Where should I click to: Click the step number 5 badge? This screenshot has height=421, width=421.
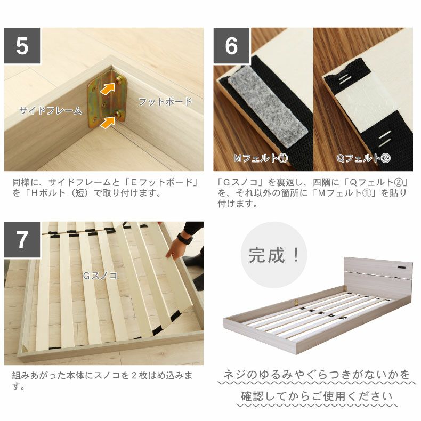[22, 46]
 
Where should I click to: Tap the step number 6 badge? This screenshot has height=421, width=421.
[231, 46]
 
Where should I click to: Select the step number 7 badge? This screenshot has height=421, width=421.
[22, 239]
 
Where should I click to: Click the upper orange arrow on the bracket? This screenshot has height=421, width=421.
[108, 87]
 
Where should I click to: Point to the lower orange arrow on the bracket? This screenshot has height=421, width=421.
[108, 122]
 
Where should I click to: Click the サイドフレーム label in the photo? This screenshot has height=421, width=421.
[51, 110]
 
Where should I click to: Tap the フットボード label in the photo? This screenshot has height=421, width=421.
[165, 102]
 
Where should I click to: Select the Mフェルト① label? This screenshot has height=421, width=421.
[261, 158]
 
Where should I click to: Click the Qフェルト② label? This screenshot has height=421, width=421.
[363, 158]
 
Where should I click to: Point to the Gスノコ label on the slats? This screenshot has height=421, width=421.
[100, 276]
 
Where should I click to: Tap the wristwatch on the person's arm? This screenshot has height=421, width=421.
[185, 238]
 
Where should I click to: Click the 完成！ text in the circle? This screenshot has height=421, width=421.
[273, 255]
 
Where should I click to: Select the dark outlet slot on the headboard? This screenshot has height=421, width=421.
[402, 268]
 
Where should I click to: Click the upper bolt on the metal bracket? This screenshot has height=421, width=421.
[118, 80]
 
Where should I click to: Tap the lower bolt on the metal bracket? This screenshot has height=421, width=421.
[118, 115]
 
